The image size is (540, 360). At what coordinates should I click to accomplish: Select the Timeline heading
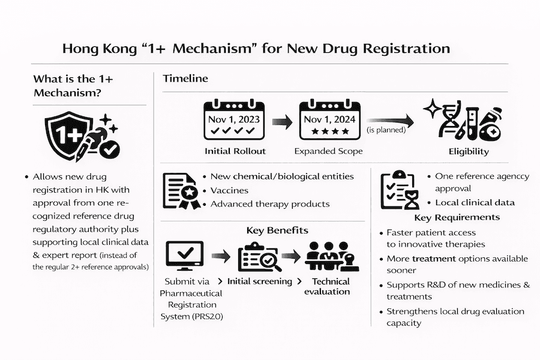point(185,79)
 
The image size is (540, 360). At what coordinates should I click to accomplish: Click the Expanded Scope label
point(328,151)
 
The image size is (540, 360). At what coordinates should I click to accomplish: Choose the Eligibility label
point(469,151)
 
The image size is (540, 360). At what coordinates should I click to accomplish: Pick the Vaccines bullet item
point(229,190)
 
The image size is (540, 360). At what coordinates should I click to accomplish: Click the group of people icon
point(328,258)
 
